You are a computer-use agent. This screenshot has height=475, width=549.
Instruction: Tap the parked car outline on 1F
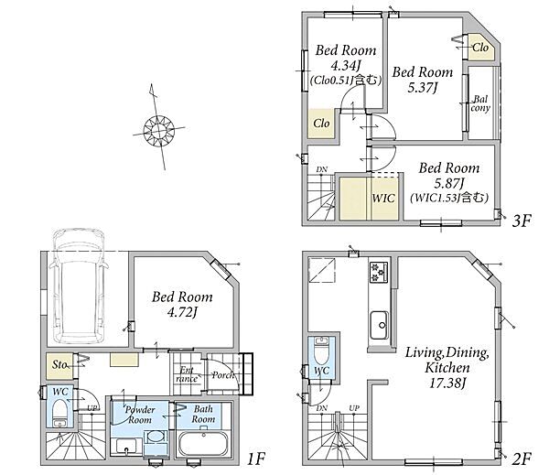coord(79,286)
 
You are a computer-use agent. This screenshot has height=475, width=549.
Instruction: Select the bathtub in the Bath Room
coord(203,444)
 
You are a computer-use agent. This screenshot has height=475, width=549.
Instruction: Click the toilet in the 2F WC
coord(321,351)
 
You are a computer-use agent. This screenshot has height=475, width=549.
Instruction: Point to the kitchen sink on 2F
coord(379,325)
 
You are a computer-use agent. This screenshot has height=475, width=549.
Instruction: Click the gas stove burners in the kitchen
coord(379,272)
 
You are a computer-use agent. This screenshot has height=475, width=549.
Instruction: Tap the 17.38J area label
coord(447,383)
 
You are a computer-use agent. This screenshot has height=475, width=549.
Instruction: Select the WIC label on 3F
coord(383,198)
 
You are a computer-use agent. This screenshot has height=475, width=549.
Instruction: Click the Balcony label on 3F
coord(480,103)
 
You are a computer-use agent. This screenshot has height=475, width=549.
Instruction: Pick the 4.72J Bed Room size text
coord(182,312)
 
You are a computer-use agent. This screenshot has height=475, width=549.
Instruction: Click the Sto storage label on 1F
coord(59,364)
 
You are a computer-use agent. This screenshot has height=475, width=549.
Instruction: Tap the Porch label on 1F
coord(222,375)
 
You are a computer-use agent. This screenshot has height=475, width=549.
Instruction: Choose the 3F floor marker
coord(522,221)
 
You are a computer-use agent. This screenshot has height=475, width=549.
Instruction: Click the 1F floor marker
coord(256,459)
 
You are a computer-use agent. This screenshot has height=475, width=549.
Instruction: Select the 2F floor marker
coord(522,459)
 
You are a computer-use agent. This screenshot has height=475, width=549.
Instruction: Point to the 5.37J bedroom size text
coord(423,88)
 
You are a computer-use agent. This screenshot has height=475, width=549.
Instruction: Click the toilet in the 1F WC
coord(60,414)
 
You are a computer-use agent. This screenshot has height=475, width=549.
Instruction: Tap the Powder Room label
coord(140,415)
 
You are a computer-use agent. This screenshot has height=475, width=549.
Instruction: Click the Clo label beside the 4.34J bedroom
coord(321,124)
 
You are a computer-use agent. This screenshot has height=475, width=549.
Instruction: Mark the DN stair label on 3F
coord(322,169)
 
